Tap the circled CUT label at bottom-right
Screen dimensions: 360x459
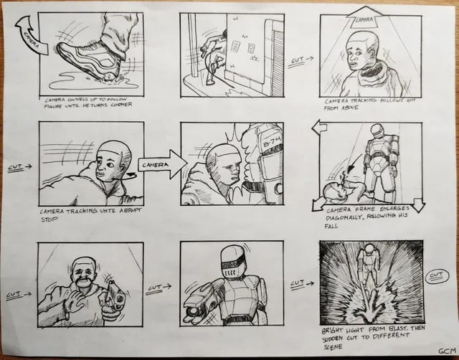click(x=435, y=275)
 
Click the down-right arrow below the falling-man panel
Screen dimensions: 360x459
click(x=418, y=207)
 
